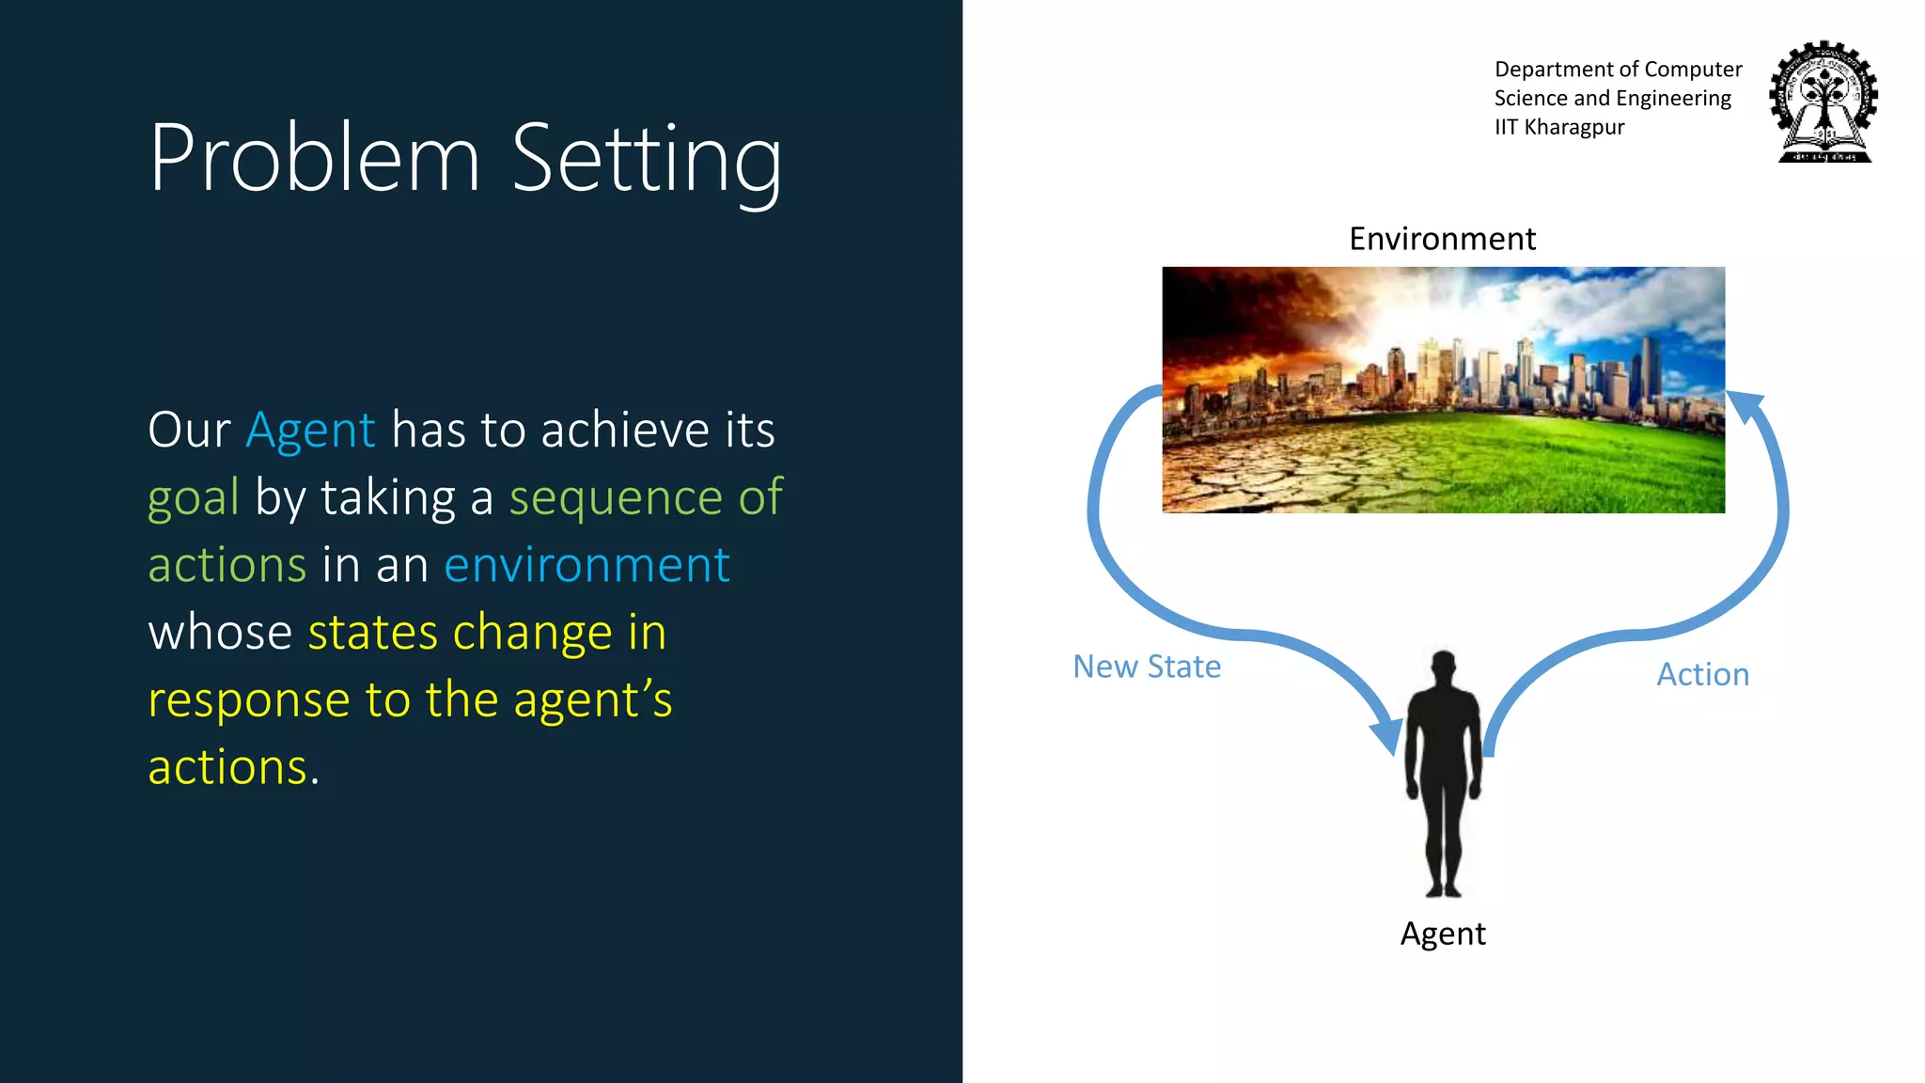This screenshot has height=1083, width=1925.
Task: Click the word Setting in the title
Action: pyautogui.click(x=647, y=160)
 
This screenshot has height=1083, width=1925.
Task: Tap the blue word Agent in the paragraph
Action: pyautogui.click(x=310, y=431)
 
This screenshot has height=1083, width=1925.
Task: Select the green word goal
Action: pyautogui.click(x=194, y=498)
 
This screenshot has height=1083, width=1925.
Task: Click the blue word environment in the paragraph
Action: pyautogui.click(x=587, y=565)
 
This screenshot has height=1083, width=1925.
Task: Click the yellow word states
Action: pyautogui.click(x=372, y=632)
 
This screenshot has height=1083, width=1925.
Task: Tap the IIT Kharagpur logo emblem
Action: pyautogui.click(x=1823, y=102)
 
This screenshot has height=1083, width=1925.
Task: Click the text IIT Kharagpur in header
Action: pyautogui.click(x=1559, y=127)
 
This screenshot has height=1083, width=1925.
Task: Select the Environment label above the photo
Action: pyautogui.click(x=1442, y=239)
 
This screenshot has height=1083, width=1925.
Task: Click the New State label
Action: pyautogui.click(x=1147, y=667)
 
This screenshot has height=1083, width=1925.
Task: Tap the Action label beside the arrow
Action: pyautogui.click(x=1702, y=675)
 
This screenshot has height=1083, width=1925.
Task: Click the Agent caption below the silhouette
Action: pyautogui.click(x=1443, y=934)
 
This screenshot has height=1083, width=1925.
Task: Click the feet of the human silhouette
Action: pyautogui.click(x=1443, y=888)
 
